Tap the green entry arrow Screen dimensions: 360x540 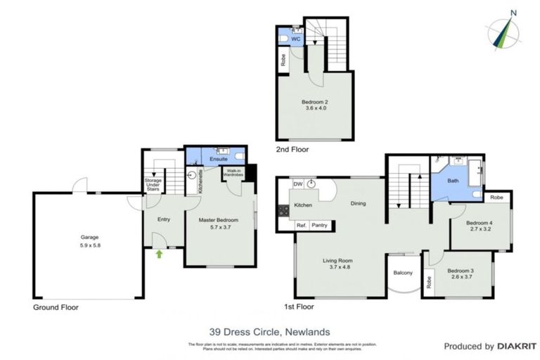tap(159, 254)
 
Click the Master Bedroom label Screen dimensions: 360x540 tap(218, 220)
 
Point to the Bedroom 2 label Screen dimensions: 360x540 tap(316, 102)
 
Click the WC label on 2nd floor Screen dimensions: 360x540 tap(295, 40)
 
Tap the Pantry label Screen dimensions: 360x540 tap(320, 226)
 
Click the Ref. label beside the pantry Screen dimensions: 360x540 tap(301, 226)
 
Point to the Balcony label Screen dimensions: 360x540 tap(402, 272)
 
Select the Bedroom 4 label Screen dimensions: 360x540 tap(481, 224)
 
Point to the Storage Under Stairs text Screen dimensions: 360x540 tap(153, 185)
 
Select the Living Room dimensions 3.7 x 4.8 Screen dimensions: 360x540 tap(339, 266)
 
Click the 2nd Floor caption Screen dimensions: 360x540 tap(292, 150)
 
